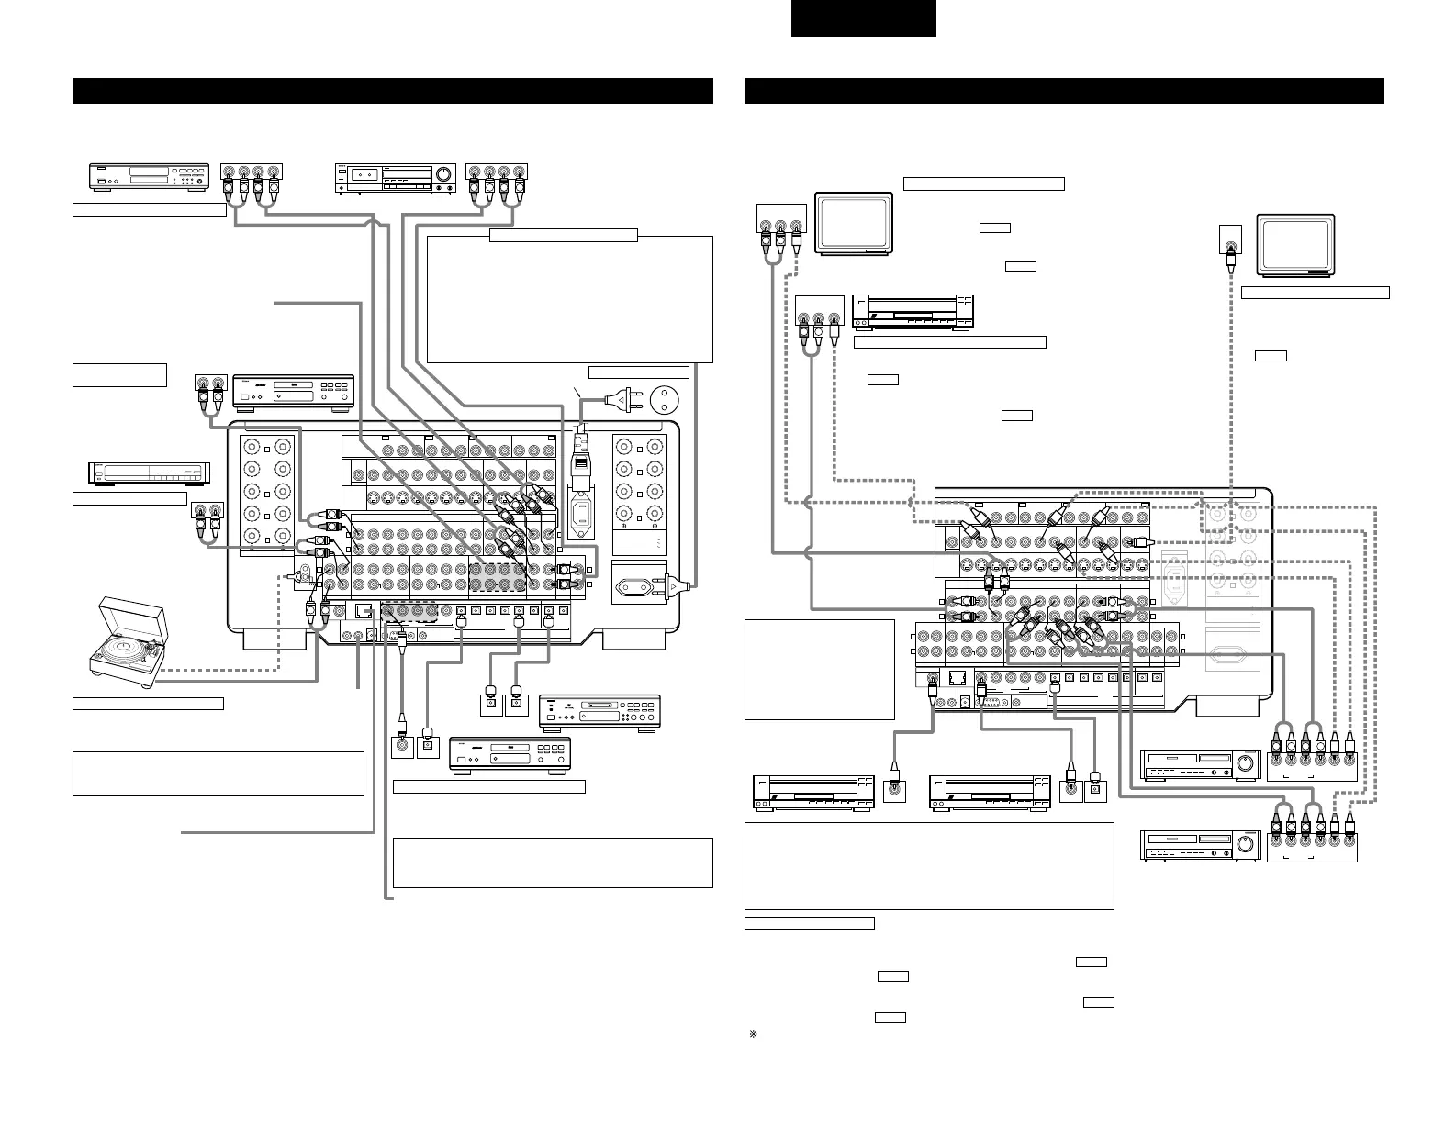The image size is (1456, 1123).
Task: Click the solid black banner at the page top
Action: pyautogui.click(x=864, y=17)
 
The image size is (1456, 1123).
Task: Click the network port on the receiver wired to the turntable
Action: pyautogui.click(x=364, y=610)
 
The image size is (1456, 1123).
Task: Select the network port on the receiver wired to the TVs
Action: pyautogui.click(x=958, y=679)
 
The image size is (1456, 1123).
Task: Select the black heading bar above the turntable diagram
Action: pyautogui.click(x=393, y=91)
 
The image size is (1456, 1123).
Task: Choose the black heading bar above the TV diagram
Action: pyautogui.click(x=1064, y=91)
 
